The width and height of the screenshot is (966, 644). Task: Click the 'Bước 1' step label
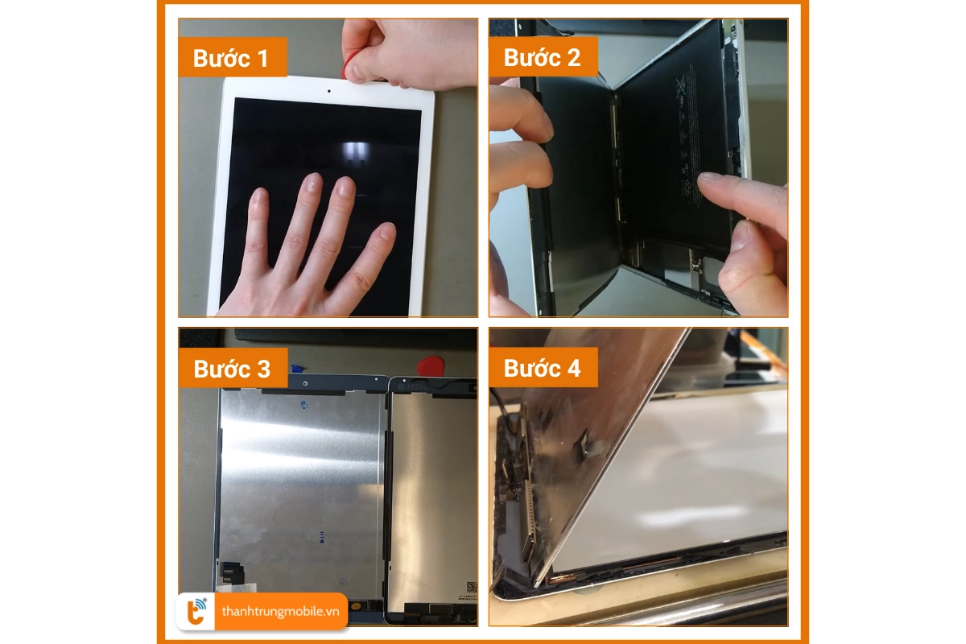click(x=230, y=58)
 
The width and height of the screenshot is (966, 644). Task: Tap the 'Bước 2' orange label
click(x=542, y=57)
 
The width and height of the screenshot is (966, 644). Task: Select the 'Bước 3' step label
click(x=232, y=369)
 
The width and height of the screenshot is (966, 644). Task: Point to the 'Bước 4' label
click(x=542, y=369)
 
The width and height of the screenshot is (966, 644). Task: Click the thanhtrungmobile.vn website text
click(x=280, y=612)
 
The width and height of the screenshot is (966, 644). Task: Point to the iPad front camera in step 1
click(x=330, y=90)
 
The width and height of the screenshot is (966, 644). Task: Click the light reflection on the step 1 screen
click(x=355, y=152)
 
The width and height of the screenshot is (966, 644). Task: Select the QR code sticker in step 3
click(x=471, y=587)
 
